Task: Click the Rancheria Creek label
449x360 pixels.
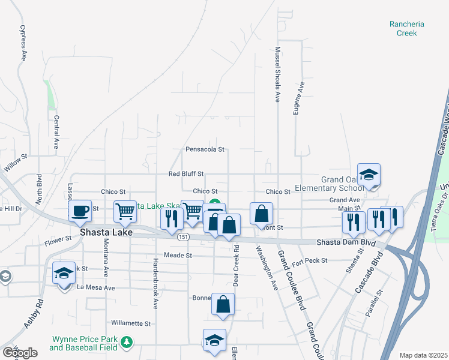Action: [406, 29]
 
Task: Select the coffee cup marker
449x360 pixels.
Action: [80, 211]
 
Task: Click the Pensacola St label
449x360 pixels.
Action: [205, 149]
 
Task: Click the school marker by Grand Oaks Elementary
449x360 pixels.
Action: [369, 175]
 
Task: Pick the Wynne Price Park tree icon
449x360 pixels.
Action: [126, 342]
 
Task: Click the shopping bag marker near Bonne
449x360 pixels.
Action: [223, 304]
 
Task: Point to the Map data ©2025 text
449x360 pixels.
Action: [423, 355]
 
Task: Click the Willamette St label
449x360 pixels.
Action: [130, 323]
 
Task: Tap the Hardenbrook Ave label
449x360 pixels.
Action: [155, 283]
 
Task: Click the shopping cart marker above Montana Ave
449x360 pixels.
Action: [125, 211]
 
